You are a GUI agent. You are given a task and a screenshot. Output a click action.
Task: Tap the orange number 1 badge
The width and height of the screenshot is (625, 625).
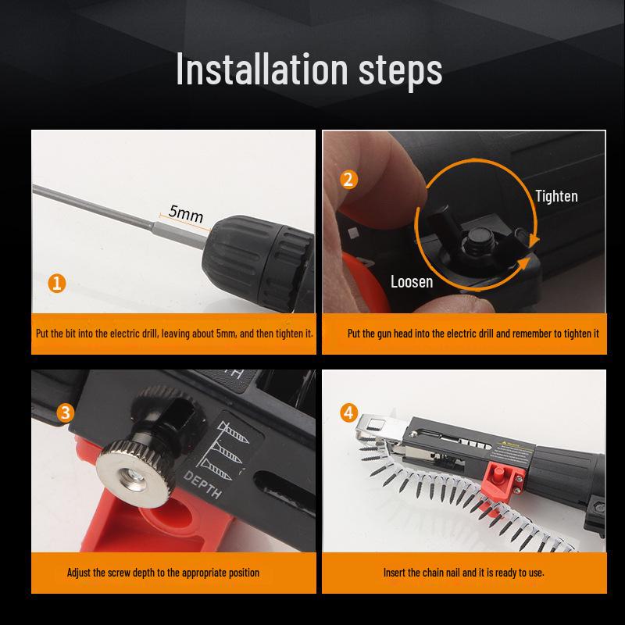[x=57, y=284]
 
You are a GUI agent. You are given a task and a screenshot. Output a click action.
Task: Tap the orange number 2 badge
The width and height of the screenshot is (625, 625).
[x=348, y=180]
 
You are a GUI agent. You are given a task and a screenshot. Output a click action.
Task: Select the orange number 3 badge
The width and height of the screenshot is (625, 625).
[x=66, y=413]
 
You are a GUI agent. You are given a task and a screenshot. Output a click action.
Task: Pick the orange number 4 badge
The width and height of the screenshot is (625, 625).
[x=348, y=413]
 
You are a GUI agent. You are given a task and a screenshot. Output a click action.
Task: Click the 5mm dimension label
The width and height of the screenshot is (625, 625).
[x=186, y=213]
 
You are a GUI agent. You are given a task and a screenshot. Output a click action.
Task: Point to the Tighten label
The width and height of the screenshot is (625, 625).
[x=556, y=196]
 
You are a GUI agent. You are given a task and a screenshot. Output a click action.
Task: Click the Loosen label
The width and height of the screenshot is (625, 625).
[x=412, y=282]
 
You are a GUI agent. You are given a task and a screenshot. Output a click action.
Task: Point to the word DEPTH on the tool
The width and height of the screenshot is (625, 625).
[x=202, y=484]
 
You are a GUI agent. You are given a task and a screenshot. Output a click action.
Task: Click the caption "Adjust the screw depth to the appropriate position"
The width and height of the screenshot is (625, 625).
[x=163, y=573]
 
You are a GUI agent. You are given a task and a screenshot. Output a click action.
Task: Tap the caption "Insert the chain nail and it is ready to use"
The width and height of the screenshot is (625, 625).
[x=463, y=573]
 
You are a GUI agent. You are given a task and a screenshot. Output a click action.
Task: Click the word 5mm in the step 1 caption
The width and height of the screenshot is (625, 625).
[x=226, y=334]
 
